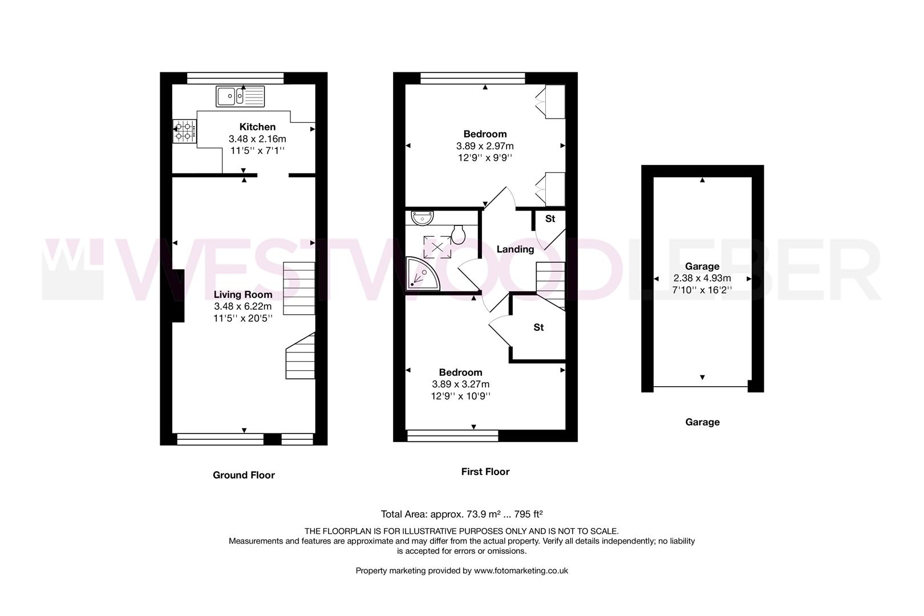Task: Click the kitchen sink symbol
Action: (240, 96)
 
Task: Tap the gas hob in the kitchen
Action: (185, 132)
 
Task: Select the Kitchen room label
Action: (257, 127)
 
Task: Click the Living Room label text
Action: (243, 294)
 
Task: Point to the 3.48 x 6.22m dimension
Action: (243, 306)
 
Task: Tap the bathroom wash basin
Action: (423, 217)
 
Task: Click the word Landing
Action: (515, 249)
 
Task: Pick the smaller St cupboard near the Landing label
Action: (550, 218)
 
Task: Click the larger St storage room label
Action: (538, 327)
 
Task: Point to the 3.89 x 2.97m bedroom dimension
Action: (485, 146)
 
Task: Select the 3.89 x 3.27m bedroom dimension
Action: (460, 384)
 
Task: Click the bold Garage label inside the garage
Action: (702, 266)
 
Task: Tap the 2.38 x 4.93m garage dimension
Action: (702, 278)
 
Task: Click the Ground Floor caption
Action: (244, 475)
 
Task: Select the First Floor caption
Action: (485, 472)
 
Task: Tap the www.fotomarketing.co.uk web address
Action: (521, 570)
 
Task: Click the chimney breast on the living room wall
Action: (178, 295)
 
